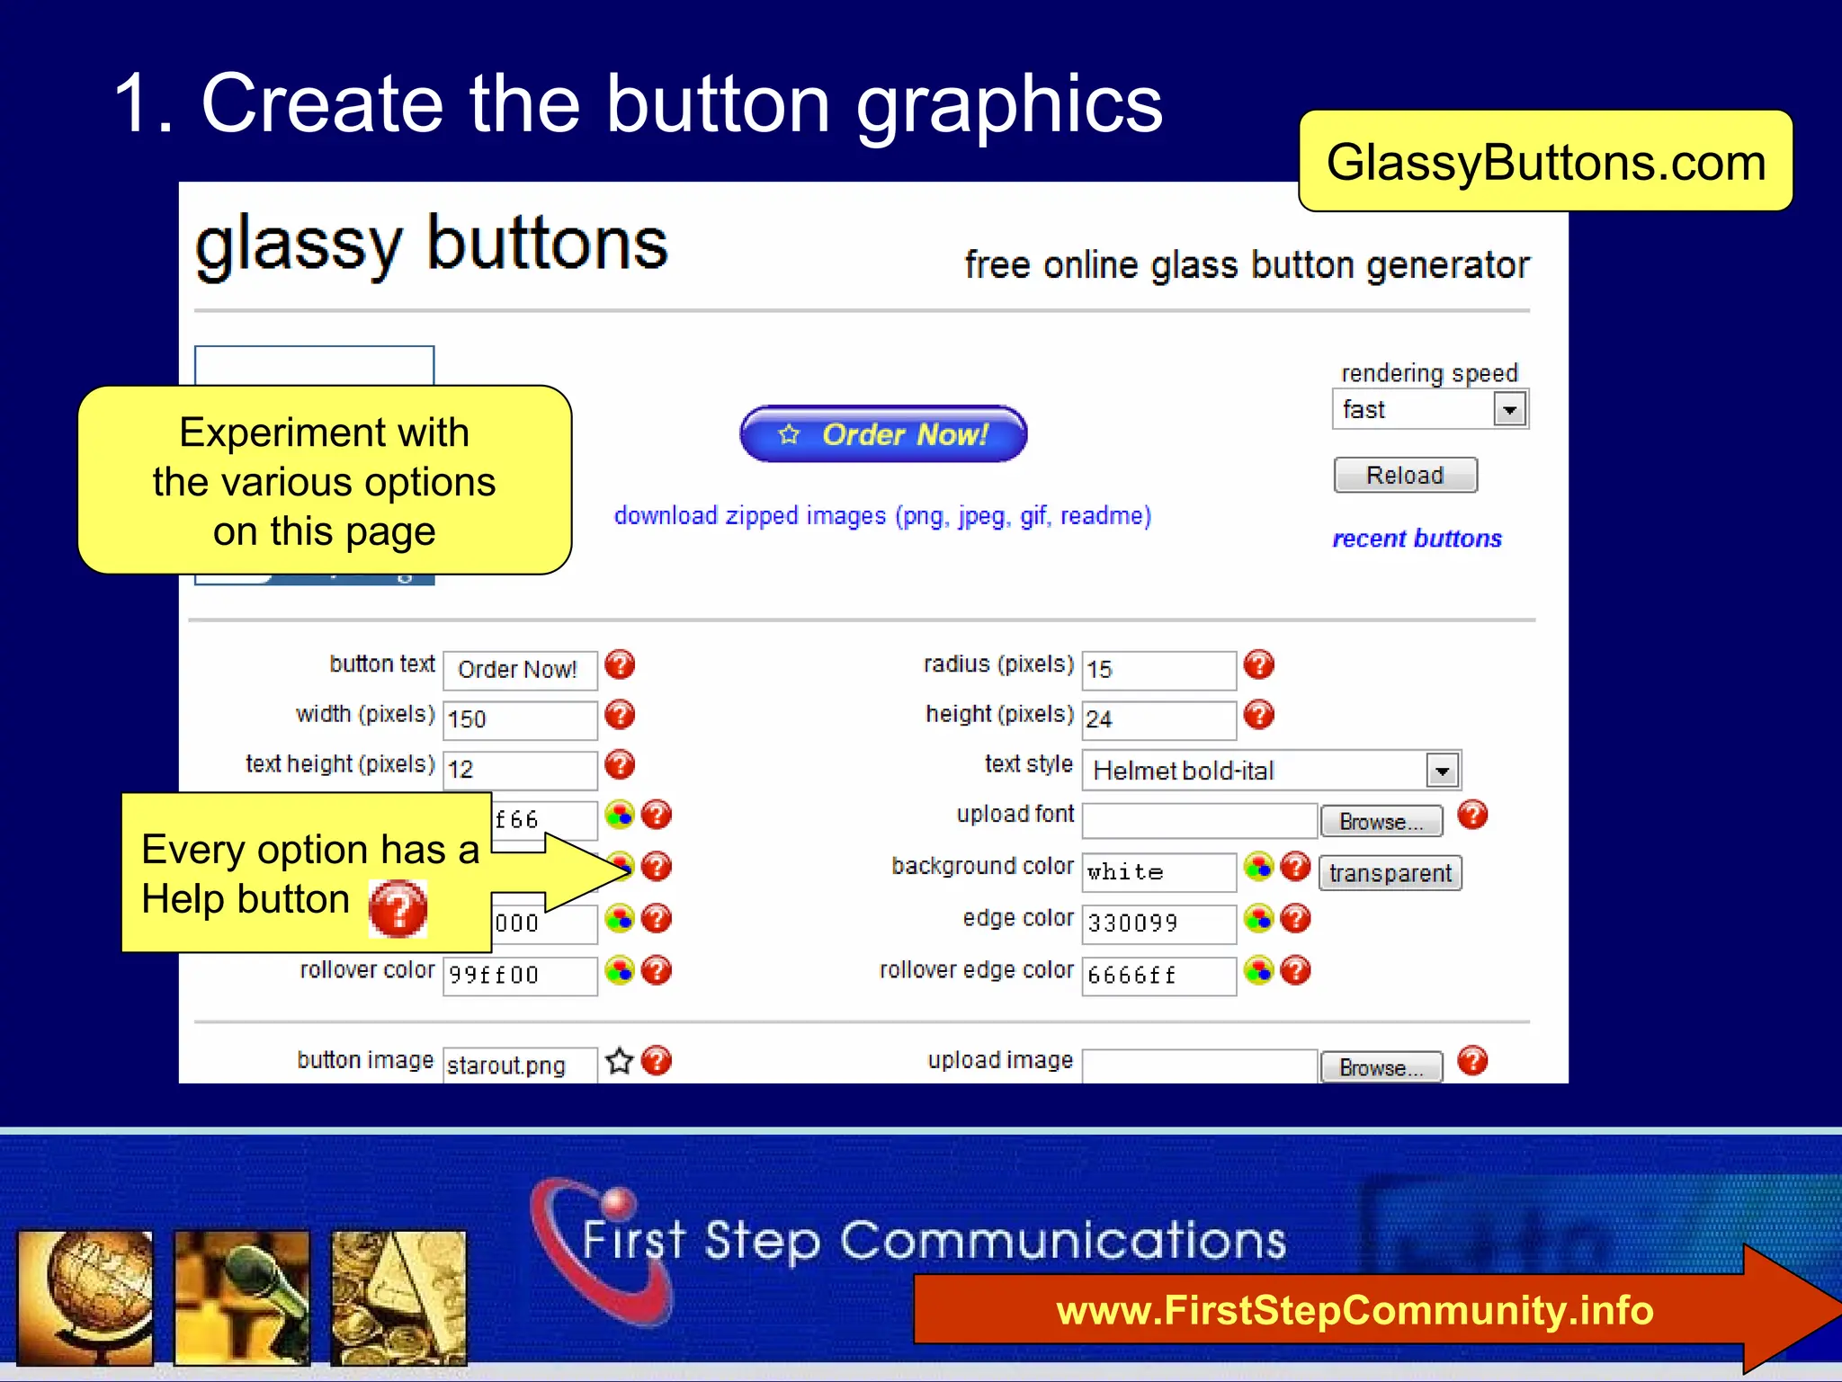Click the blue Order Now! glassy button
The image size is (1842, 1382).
tap(883, 434)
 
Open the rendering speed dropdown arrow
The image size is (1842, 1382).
tap(1510, 410)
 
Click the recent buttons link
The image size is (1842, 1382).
tap(1417, 539)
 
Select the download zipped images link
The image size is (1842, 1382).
tap(882, 516)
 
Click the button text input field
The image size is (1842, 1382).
tap(520, 670)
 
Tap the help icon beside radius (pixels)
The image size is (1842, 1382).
tap(1258, 665)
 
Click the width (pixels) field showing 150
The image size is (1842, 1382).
tap(520, 720)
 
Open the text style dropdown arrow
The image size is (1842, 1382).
tap(1442, 771)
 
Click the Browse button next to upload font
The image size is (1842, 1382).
tap(1381, 822)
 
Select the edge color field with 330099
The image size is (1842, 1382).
tap(1158, 923)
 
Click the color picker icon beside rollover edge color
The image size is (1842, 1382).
tap(1258, 971)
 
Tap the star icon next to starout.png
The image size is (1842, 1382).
tap(620, 1062)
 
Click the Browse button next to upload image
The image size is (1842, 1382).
tap(1381, 1067)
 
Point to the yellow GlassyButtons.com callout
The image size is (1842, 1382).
tap(1545, 163)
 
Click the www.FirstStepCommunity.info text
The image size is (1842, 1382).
tap(1354, 1310)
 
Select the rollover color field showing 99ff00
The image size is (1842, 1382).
tap(520, 976)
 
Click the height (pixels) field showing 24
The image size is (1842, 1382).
tap(1158, 720)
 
